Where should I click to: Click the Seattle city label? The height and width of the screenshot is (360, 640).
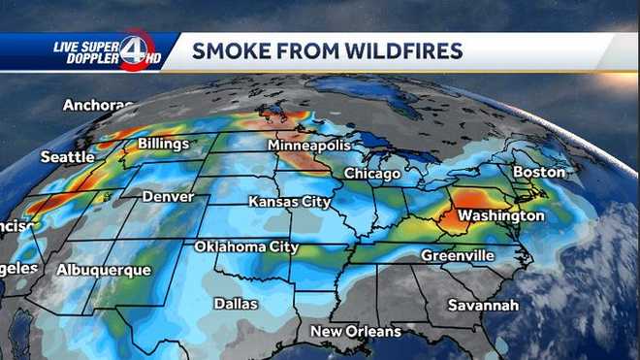(x=68, y=156)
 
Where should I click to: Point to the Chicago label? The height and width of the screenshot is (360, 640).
(x=372, y=174)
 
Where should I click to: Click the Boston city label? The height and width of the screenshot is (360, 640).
(x=539, y=172)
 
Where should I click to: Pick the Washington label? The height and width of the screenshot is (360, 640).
(x=500, y=214)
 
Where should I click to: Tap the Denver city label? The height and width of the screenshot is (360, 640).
(x=169, y=196)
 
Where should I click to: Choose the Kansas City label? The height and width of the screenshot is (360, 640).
(x=290, y=202)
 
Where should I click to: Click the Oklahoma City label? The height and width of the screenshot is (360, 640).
(x=246, y=246)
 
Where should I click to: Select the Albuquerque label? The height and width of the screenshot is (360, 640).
(x=104, y=269)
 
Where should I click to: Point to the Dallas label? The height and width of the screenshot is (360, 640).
(x=236, y=304)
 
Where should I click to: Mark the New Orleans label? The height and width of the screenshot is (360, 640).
(x=355, y=332)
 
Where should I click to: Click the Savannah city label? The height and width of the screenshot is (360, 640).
(x=483, y=305)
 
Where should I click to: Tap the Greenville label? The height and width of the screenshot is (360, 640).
(x=457, y=255)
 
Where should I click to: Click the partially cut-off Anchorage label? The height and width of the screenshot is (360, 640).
(x=98, y=105)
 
